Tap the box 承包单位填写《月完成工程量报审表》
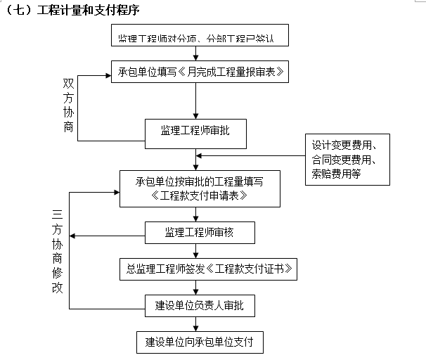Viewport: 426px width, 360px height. click(x=199, y=72)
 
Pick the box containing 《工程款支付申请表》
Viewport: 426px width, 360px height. click(x=199, y=188)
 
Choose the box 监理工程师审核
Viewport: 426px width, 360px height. click(x=199, y=232)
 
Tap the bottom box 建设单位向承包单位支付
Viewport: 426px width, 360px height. click(x=199, y=342)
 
